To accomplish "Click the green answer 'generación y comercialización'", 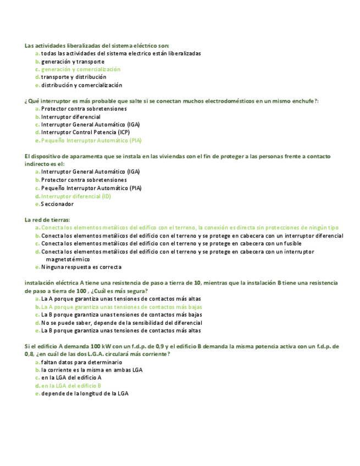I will tap(80, 70).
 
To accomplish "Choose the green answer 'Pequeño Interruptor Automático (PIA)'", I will tap(91, 141).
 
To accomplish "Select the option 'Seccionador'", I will tap(57, 204).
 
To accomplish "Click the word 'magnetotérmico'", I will tap(68, 259).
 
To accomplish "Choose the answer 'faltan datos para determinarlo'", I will tap(81, 363).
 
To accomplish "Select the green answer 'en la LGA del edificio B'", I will tap(71, 386).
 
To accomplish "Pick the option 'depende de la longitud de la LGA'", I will tap(85, 393).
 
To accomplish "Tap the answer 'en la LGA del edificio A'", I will tap(71, 378).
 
